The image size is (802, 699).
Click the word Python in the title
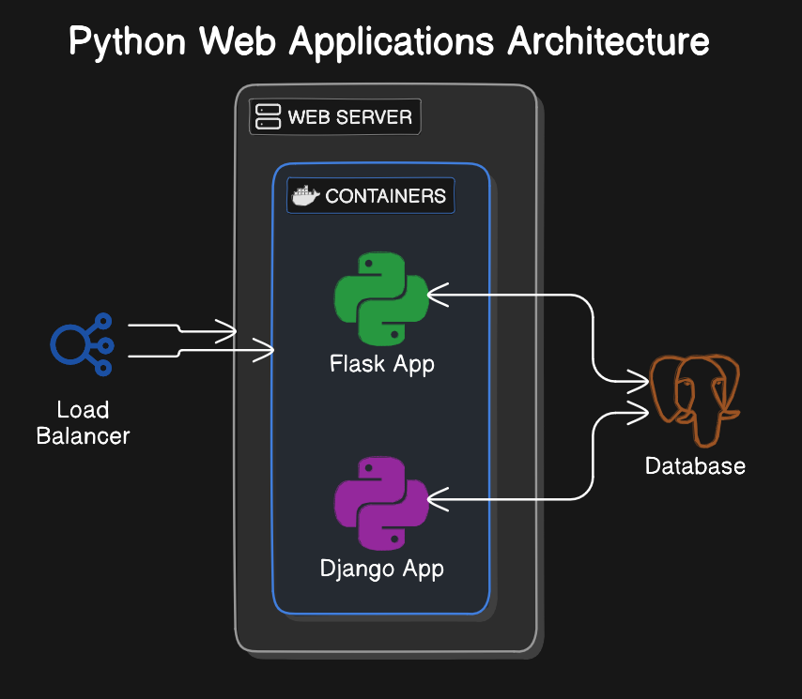pos(128,42)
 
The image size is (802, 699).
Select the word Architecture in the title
pos(609,41)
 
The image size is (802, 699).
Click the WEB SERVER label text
pos(350,117)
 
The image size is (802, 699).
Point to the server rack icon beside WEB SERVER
pos(268,116)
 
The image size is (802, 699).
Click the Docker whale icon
pos(305,196)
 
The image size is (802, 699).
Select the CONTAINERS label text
pos(386,196)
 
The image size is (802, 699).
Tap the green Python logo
pos(381,299)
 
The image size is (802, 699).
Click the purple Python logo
pos(381,503)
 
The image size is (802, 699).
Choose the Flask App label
pos(382,365)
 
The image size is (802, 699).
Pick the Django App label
pos(381,570)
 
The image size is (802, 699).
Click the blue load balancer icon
pos(82,344)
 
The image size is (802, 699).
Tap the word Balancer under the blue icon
pos(83,436)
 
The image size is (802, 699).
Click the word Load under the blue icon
pos(83,410)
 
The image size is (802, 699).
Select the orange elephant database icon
pos(695,401)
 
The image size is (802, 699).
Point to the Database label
pos(695,466)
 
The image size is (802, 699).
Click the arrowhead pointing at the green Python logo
pos(438,295)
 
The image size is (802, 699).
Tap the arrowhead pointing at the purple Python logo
pos(438,499)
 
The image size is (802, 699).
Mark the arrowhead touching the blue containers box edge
pos(263,350)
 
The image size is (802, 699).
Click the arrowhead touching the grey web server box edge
pos(226,331)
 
